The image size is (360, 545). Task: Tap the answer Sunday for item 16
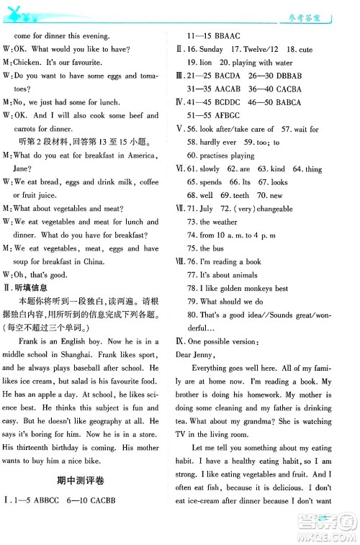pos(211,50)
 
